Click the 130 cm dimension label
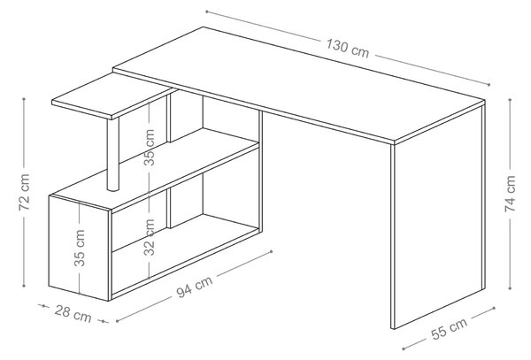(348, 49)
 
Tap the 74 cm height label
(510, 194)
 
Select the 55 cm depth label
(450, 328)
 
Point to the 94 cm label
(195, 287)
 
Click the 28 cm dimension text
(73, 314)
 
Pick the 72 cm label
(25, 192)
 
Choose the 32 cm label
(150, 237)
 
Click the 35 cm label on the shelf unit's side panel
(80, 248)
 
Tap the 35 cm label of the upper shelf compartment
(150, 148)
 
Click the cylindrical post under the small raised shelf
(113, 154)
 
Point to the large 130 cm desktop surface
(298, 85)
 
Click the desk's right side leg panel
(438, 217)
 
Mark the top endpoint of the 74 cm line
(510, 100)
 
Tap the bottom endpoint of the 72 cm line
(24, 286)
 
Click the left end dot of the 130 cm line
(206, 11)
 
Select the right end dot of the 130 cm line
(489, 85)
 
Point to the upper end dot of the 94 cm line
(271, 251)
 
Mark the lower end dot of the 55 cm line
(404, 349)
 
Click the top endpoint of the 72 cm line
(24, 99)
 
